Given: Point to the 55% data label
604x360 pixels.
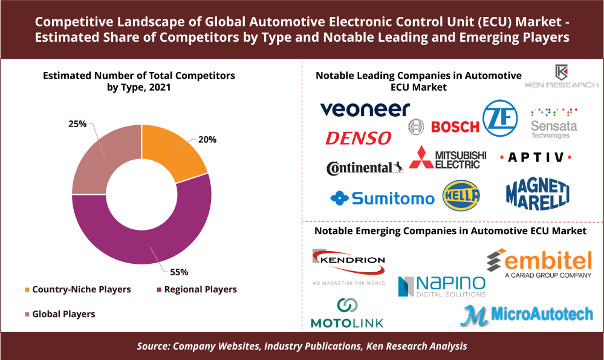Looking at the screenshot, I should click(178, 271).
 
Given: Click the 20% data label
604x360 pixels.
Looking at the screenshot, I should click(207, 139).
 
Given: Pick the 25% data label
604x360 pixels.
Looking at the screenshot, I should click(77, 124).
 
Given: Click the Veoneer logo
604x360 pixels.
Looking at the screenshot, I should click(365, 109).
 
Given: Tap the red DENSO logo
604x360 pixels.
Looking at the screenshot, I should click(359, 139).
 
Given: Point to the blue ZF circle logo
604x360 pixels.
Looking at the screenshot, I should click(500, 118).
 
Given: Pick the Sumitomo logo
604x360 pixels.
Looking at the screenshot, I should click(382, 198).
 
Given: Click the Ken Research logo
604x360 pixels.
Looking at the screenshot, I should click(562, 77).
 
